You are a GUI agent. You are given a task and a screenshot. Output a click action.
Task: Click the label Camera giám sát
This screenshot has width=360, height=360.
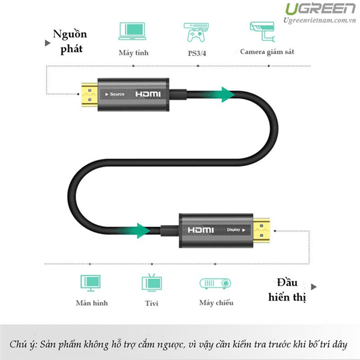click(x=267, y=52)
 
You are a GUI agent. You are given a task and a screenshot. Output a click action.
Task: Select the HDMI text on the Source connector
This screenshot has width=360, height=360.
click(x=148, y=95)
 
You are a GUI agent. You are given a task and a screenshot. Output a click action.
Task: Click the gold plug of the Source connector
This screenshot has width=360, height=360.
click(x=88, y=94)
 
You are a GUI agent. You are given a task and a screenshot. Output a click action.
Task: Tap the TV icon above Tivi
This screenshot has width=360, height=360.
click(x=150, y=283)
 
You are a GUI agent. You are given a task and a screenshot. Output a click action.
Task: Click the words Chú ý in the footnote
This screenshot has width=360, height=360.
click(x=23, y=344)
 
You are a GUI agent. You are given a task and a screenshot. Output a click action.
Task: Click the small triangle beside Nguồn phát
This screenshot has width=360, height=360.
click(x=47, y=43)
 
